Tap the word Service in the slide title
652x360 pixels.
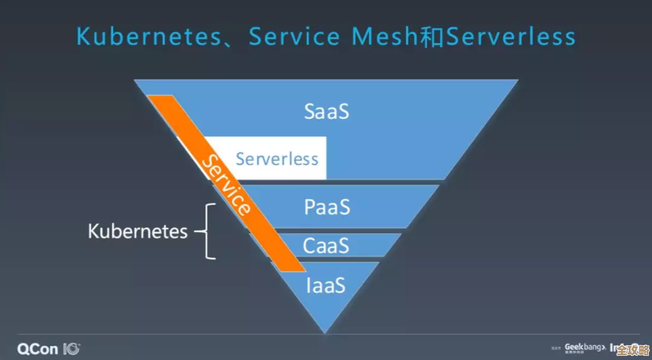click(294, 37)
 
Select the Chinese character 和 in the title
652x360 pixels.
click(432, 37)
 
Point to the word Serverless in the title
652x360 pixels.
click(511, 37)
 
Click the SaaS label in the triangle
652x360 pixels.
click(327, 111)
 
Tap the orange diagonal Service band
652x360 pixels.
click(226, 184)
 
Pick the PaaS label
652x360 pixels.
click(327, 207)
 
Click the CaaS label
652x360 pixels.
click(326, 245)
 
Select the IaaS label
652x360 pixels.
click(325, 285)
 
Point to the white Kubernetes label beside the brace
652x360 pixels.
click(138, 231)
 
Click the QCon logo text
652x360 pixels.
click(38, 348)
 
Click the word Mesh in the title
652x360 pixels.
click(386, 37)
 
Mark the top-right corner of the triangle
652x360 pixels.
click(517, 80)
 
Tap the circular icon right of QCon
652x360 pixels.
click(72, 348)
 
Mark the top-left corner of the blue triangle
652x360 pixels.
click(135, 80)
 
